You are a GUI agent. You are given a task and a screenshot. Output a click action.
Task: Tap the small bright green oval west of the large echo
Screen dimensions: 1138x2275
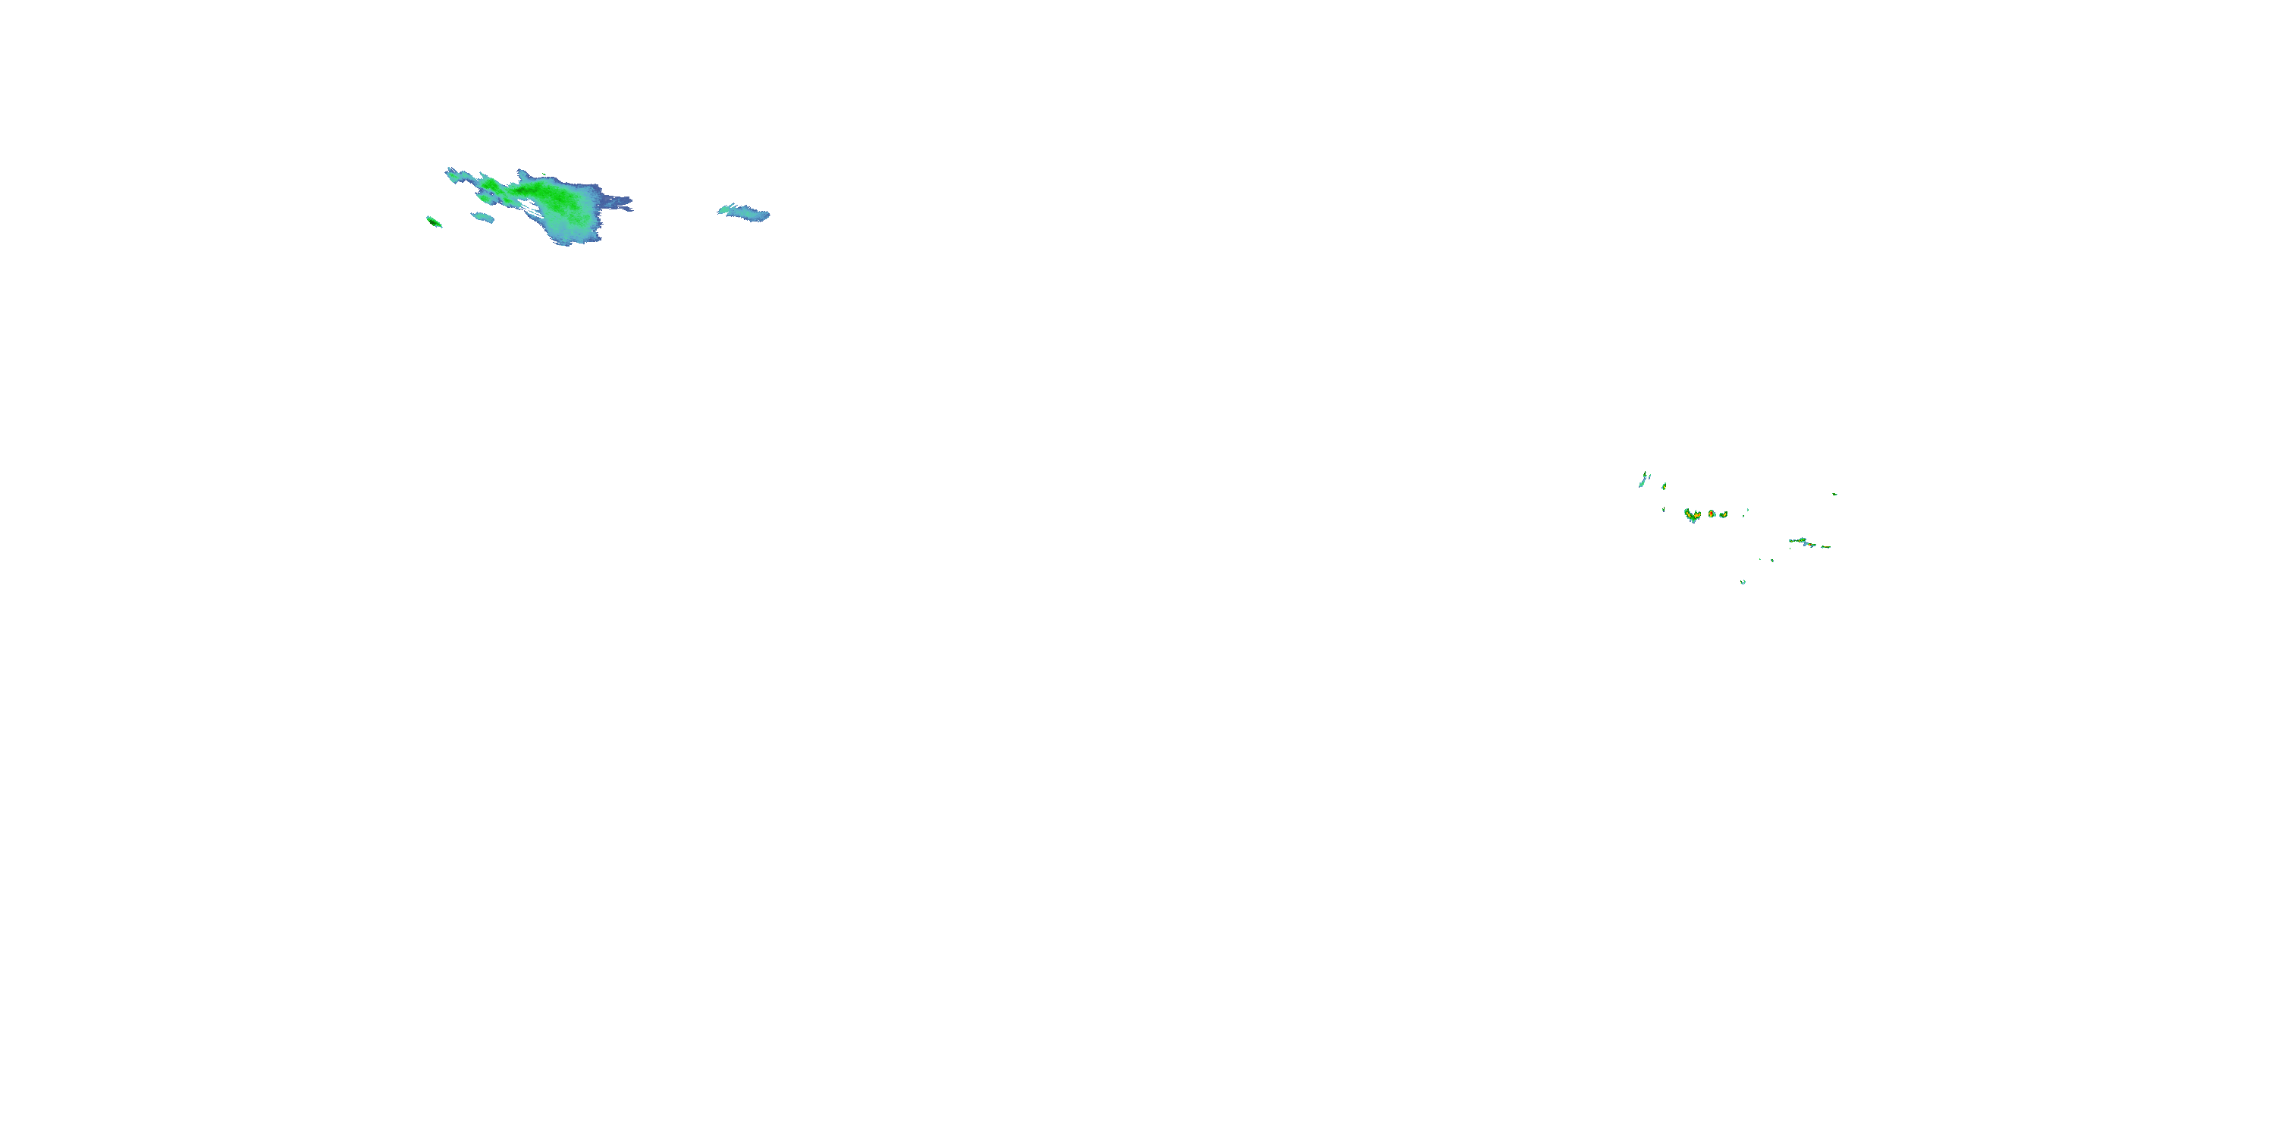coord(434,222)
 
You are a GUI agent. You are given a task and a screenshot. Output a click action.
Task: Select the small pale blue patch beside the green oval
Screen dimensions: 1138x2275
coord(482,216)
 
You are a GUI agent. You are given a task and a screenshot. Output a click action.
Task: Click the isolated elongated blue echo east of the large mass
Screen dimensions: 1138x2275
coord(745,212)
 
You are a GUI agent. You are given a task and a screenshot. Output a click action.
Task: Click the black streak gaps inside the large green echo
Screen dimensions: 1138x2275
coord(530,209)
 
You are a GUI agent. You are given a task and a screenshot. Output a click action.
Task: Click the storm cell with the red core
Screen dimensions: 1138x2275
coord(1712,514)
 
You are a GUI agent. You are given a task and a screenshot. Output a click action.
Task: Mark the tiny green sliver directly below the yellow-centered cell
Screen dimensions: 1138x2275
coord(1664,509)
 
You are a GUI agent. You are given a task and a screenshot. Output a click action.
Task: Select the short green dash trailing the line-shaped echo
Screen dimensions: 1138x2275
coord(1826,547)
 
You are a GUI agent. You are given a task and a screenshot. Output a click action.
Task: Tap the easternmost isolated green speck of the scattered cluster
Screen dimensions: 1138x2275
coord(1834,494)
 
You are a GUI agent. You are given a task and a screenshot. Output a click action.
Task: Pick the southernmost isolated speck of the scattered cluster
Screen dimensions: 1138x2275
coord(1743,582)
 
